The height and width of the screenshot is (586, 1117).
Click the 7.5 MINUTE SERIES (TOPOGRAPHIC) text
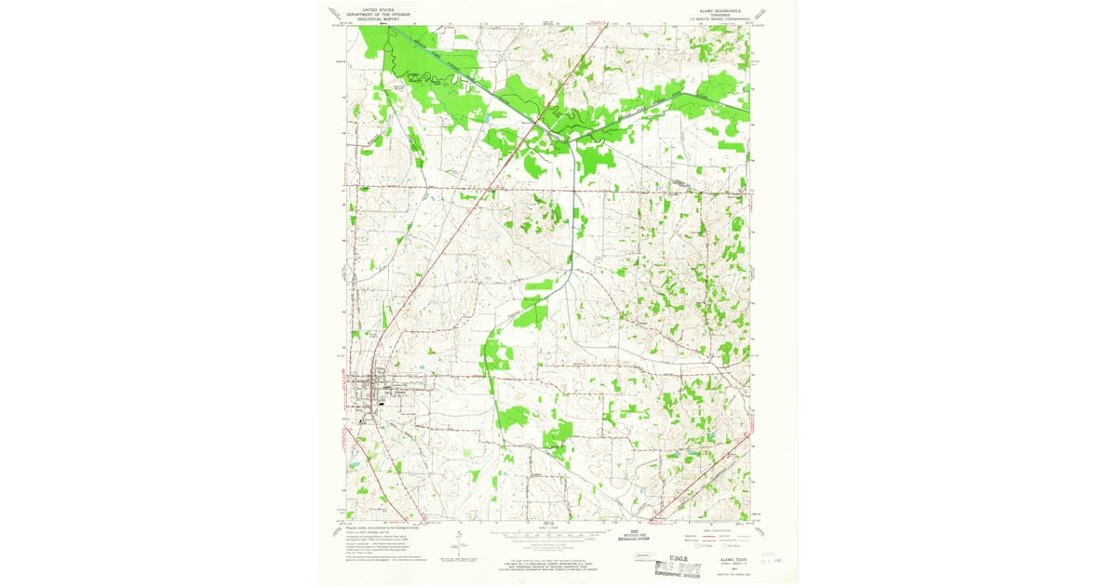tap(717, 17)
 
